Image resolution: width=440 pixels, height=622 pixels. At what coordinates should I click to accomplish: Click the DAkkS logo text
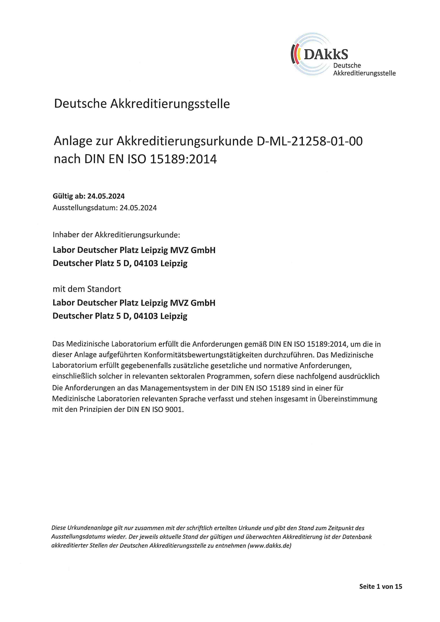tap(326, 54)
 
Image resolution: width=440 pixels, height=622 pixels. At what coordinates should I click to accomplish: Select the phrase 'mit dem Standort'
tap(87, 289)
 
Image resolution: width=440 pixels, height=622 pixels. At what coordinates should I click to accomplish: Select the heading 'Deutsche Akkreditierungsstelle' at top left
tap(142, 104)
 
